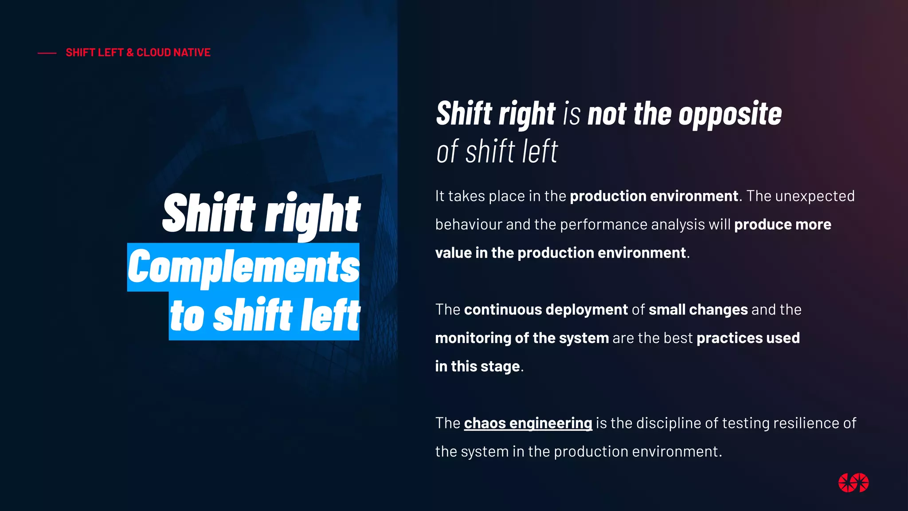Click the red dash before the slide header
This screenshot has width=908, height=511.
[47, 53]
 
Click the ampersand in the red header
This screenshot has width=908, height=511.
[130, 53]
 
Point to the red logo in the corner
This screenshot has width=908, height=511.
[853, 483]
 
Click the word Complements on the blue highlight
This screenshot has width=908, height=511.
[243, 267]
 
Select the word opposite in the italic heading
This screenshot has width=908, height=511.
[730, 114]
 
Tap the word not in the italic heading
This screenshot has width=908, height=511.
[607, 114]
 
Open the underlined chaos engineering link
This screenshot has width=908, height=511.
[528, 423]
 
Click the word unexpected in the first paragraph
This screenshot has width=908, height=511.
[815, 196]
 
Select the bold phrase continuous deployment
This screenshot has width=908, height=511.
[546, 310]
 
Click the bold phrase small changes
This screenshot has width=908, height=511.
[698, 310]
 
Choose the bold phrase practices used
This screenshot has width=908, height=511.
[748, 338]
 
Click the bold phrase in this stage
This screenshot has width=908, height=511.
[477, 366]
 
